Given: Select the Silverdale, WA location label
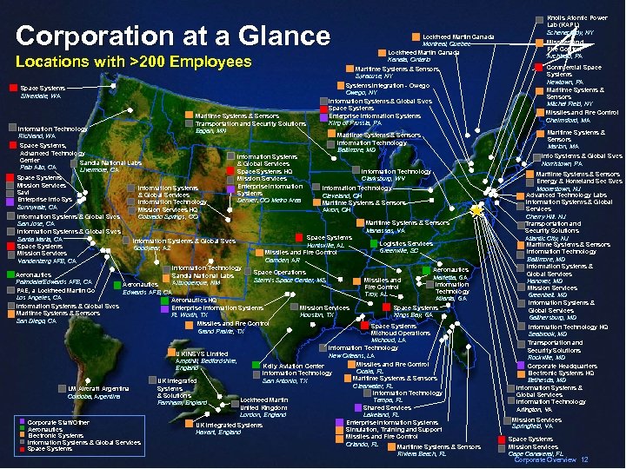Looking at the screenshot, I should pyautogui.click(x=41, y=96).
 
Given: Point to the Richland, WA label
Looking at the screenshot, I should pyautogui.click(x=37, y=136).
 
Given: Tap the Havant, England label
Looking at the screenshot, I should pyautogui.click(x=212, y=432).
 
